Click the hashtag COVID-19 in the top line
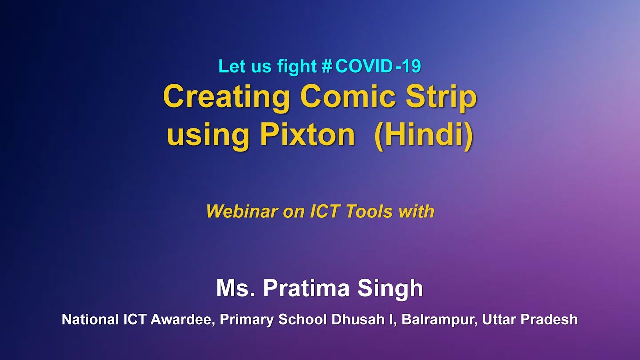click(x=372, y=66)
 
